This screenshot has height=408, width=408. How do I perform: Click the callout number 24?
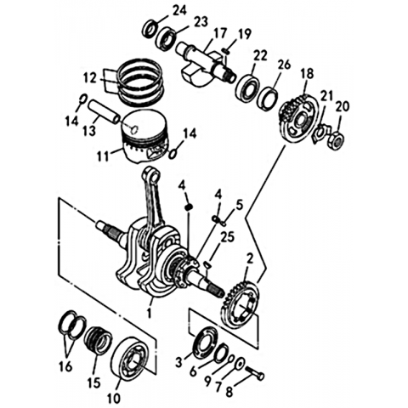click(180, 10)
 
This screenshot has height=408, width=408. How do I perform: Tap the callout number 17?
click(220, 33)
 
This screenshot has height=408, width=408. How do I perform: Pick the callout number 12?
click(90, 77)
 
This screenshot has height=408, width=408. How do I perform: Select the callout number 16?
click(65, 367)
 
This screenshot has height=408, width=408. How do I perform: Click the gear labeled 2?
click(241, 305)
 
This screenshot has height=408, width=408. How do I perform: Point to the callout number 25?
click(228, 237)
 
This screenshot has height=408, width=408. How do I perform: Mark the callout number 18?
click(308, 74)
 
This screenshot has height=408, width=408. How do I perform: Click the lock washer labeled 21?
click(320, 133)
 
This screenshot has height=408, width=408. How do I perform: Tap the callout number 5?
click(240, 205)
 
